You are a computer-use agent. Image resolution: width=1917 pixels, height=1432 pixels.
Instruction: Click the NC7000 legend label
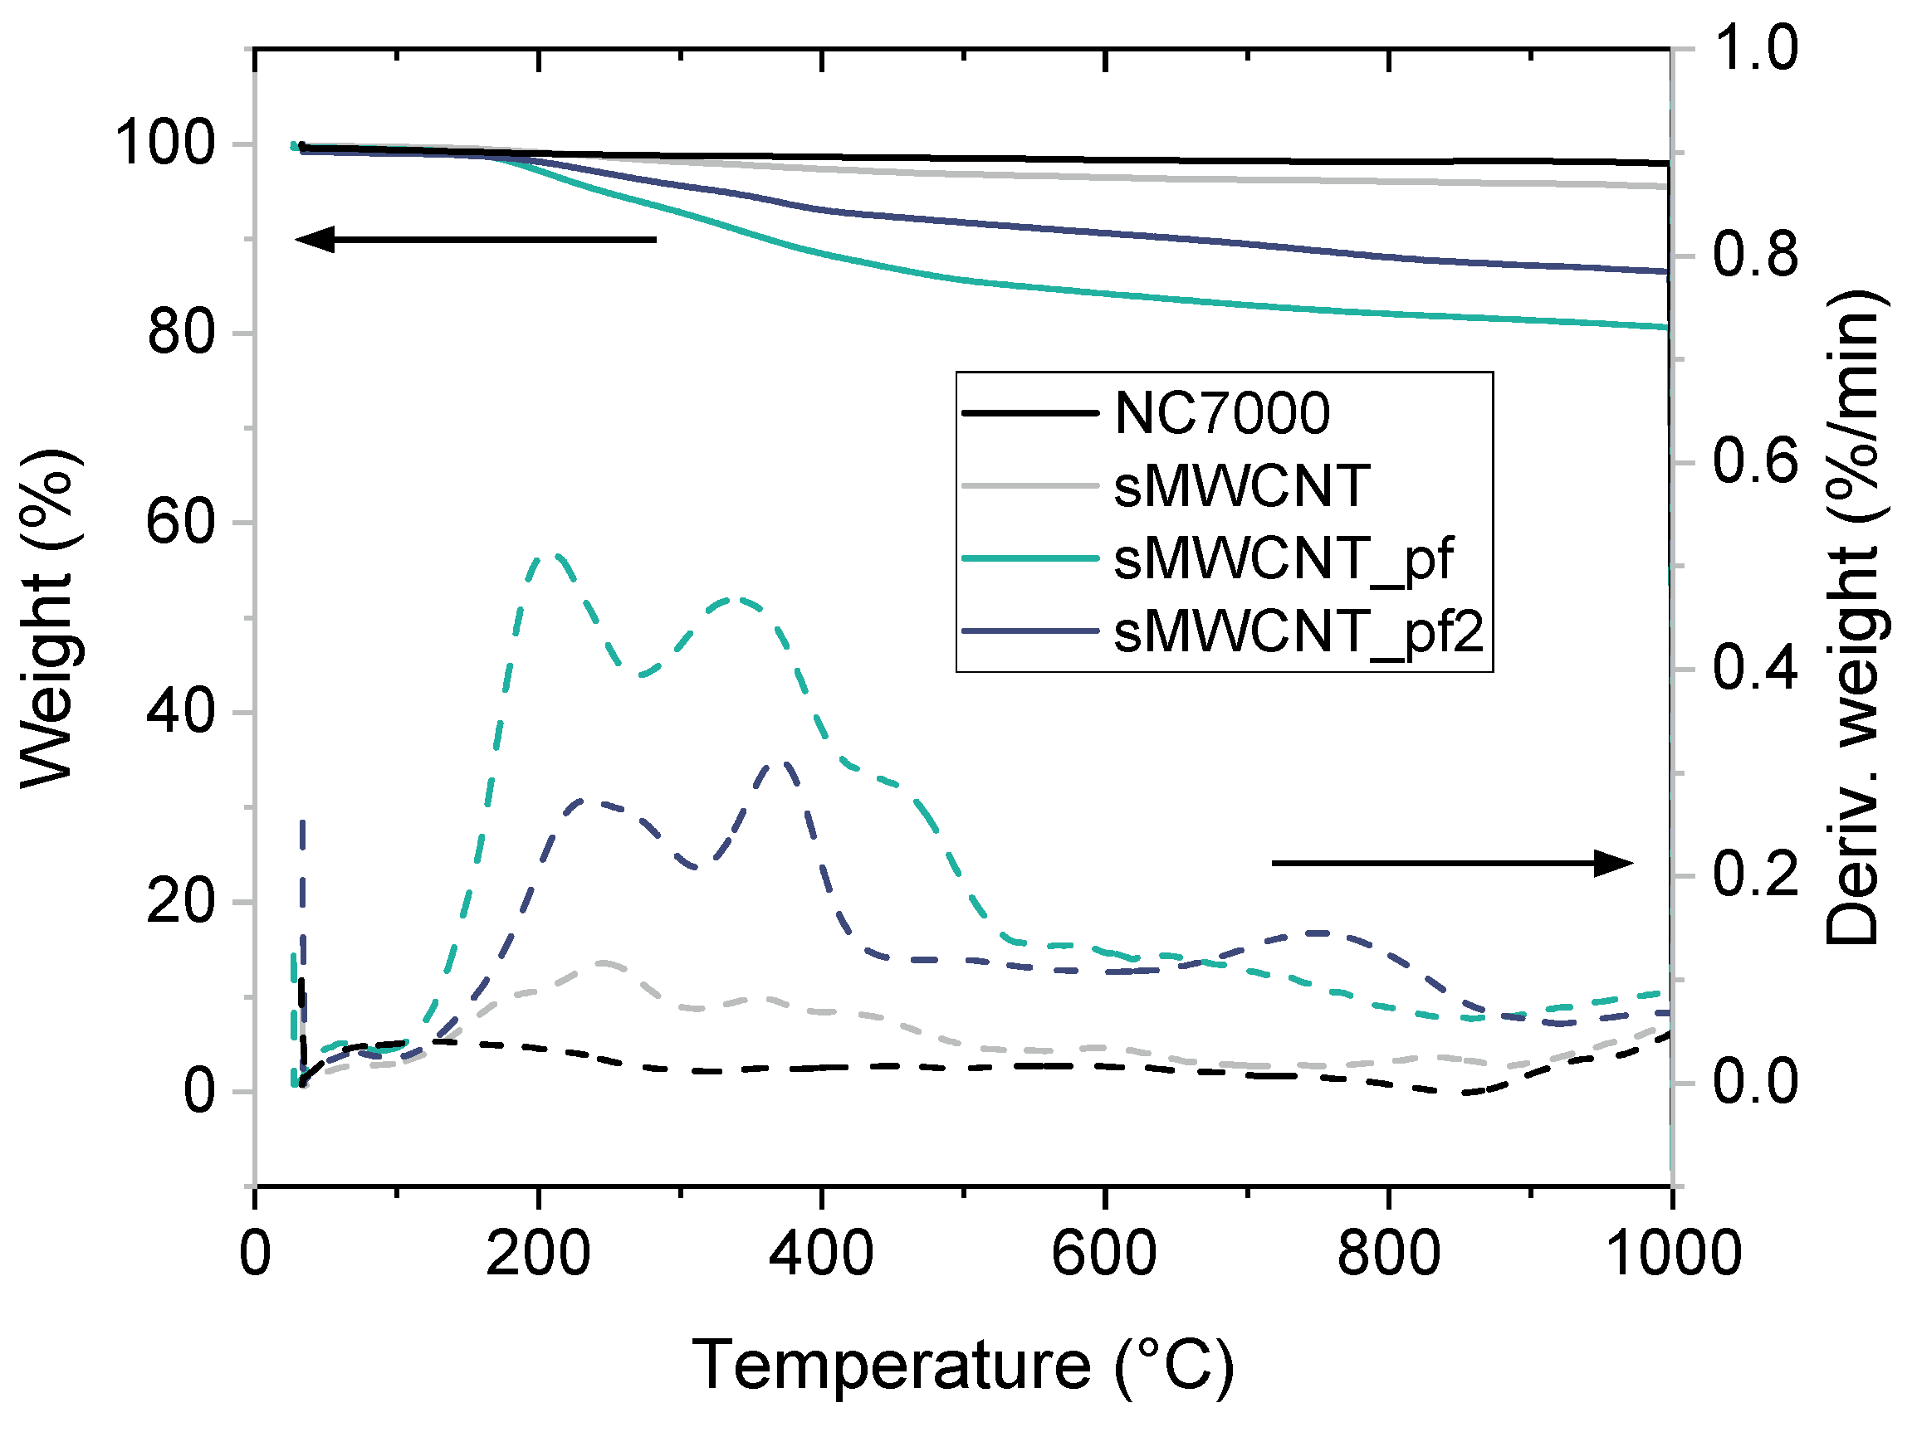click(x=1221, y=413)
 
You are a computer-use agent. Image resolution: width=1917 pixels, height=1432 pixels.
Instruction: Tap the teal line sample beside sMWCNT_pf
click(x=1029, y=558)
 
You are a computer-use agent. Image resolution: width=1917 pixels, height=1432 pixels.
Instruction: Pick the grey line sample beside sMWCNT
click(x=1029, y=486)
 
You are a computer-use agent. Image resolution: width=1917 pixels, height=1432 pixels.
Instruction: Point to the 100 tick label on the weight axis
click(x=164, y=143)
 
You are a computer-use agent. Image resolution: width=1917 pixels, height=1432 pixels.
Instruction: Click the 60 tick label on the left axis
click(x=180, y=523)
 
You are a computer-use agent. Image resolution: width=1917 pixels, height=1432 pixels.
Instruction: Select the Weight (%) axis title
click(x=49, y=619)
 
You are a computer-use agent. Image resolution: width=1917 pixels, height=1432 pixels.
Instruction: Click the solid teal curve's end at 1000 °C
click(x=1668, y=327)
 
